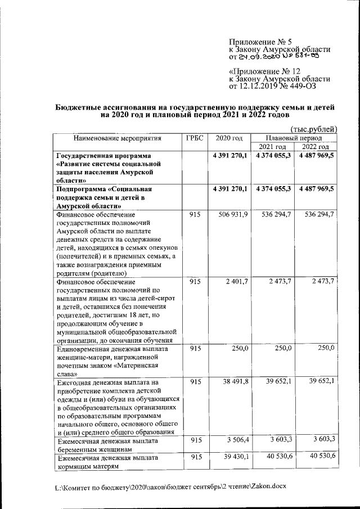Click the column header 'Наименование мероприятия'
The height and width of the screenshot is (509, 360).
click(x=116, y=138)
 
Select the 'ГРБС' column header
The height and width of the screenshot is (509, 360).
click(x=194, y=138)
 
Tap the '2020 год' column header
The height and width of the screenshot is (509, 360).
click(x=228, y=138)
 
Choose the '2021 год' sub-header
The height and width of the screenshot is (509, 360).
click(x=273, y=147)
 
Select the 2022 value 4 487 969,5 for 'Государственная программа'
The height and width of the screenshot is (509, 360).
click(x=316, y=156)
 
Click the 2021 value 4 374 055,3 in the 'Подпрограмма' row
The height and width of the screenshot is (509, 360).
click(x=273, y=190)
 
